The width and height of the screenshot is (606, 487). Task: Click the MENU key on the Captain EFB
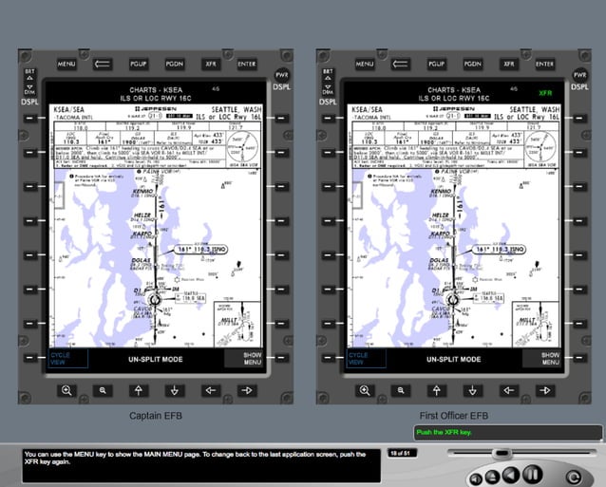[x=66, y=64]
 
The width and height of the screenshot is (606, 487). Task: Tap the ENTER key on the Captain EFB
[x=246, y=64]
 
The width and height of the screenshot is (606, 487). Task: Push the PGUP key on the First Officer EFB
[x=436, y=64]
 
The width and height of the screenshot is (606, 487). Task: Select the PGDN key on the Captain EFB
[x=174, y=64]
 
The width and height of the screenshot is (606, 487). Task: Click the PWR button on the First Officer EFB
[x=576, y=73]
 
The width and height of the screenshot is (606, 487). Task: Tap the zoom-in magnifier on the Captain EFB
[x=66, y=390]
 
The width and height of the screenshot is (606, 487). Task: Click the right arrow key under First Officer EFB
[x=544, y=390]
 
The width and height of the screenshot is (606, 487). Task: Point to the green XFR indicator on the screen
[x=544, y=93]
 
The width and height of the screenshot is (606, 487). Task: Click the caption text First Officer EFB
[x=454, y=416]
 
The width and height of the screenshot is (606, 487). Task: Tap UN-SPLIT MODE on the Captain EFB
[x=156, y=359]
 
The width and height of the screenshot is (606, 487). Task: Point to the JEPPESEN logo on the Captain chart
[x=157, y=110]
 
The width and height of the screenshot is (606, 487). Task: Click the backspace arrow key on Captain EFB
[x=103, y=64]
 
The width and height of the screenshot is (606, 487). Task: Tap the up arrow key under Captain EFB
[x=138, y=390]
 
